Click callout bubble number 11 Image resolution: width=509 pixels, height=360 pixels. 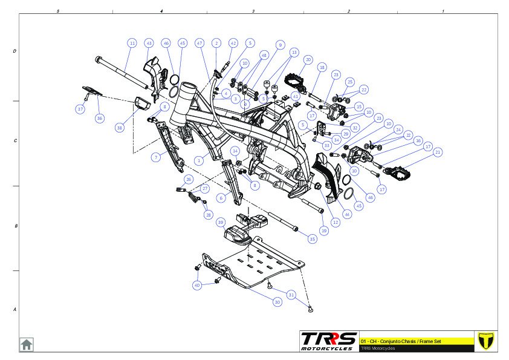(x=132, y=43)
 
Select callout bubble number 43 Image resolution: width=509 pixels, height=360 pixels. (x=149, y=43)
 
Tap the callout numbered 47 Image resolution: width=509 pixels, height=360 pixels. (x=199, y=43)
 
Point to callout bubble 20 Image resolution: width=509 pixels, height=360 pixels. (x=308, y=60)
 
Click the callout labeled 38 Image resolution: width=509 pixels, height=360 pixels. (x=120, y=128)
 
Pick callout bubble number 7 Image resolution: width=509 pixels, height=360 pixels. (x=155, y=157)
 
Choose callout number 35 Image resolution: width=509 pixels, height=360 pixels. (x=312, y=239)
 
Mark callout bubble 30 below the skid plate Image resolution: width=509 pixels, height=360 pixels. (x=277, y=301)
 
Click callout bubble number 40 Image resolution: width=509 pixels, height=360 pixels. (x=197, y=285)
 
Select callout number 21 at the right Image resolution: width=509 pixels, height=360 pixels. (x=438, y=152)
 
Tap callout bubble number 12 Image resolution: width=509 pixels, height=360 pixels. (x=336, y=222)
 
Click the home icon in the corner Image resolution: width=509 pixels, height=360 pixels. (x=27, y=344)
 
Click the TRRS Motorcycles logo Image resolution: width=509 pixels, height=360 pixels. (x=329, y=341)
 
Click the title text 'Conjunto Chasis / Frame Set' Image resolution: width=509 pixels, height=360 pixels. (x=411, y=341)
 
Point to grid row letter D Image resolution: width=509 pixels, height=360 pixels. (x=15, y=51)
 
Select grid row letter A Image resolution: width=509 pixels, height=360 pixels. (x=15, y=310)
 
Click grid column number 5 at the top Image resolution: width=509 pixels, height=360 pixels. (x=57, y=11)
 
